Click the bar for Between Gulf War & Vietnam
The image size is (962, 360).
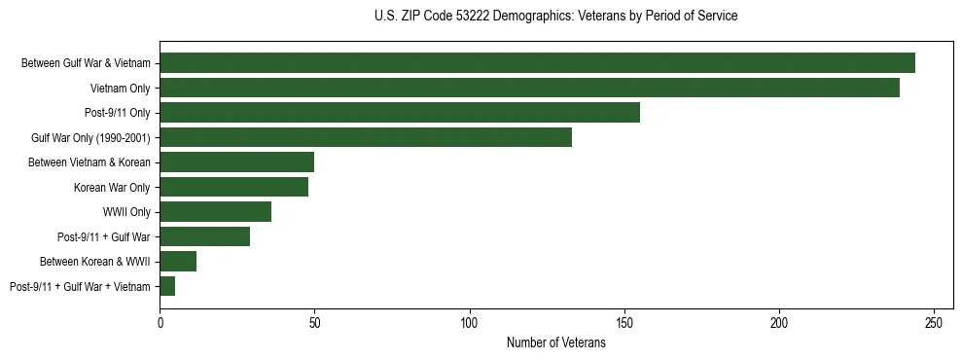click(537, 63)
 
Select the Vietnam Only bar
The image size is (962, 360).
click(529, 88)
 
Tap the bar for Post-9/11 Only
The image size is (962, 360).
click(400, 113)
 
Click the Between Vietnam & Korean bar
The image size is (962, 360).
click(237, 162)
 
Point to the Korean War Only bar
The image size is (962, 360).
click(234, 187)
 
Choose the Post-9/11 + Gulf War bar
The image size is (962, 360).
click(205, 236)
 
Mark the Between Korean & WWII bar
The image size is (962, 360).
click(178, 261)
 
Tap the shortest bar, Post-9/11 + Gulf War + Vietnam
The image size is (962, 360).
click(167, 286)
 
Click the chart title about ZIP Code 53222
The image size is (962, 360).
click(555, 16)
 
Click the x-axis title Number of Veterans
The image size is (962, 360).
click(555, 343)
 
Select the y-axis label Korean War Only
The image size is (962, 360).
click(112, 187)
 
